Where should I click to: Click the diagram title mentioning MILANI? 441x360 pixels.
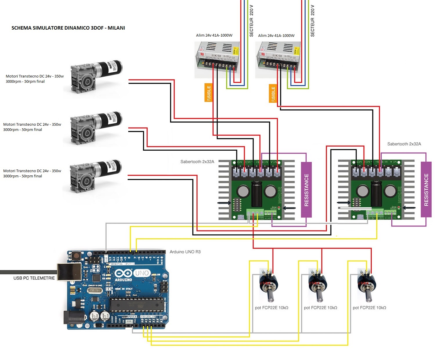(68, 28)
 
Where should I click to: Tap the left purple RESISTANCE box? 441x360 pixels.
(306, 190)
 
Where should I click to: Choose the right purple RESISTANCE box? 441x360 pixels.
(426, 190)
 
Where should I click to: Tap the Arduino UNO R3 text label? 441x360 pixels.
(185, 252)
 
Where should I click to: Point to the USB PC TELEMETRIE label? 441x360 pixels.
(34, 278)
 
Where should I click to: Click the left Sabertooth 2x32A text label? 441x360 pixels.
(197, 162)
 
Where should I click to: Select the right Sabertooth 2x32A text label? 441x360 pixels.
(404, 144)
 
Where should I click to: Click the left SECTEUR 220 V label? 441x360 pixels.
(252, 20)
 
